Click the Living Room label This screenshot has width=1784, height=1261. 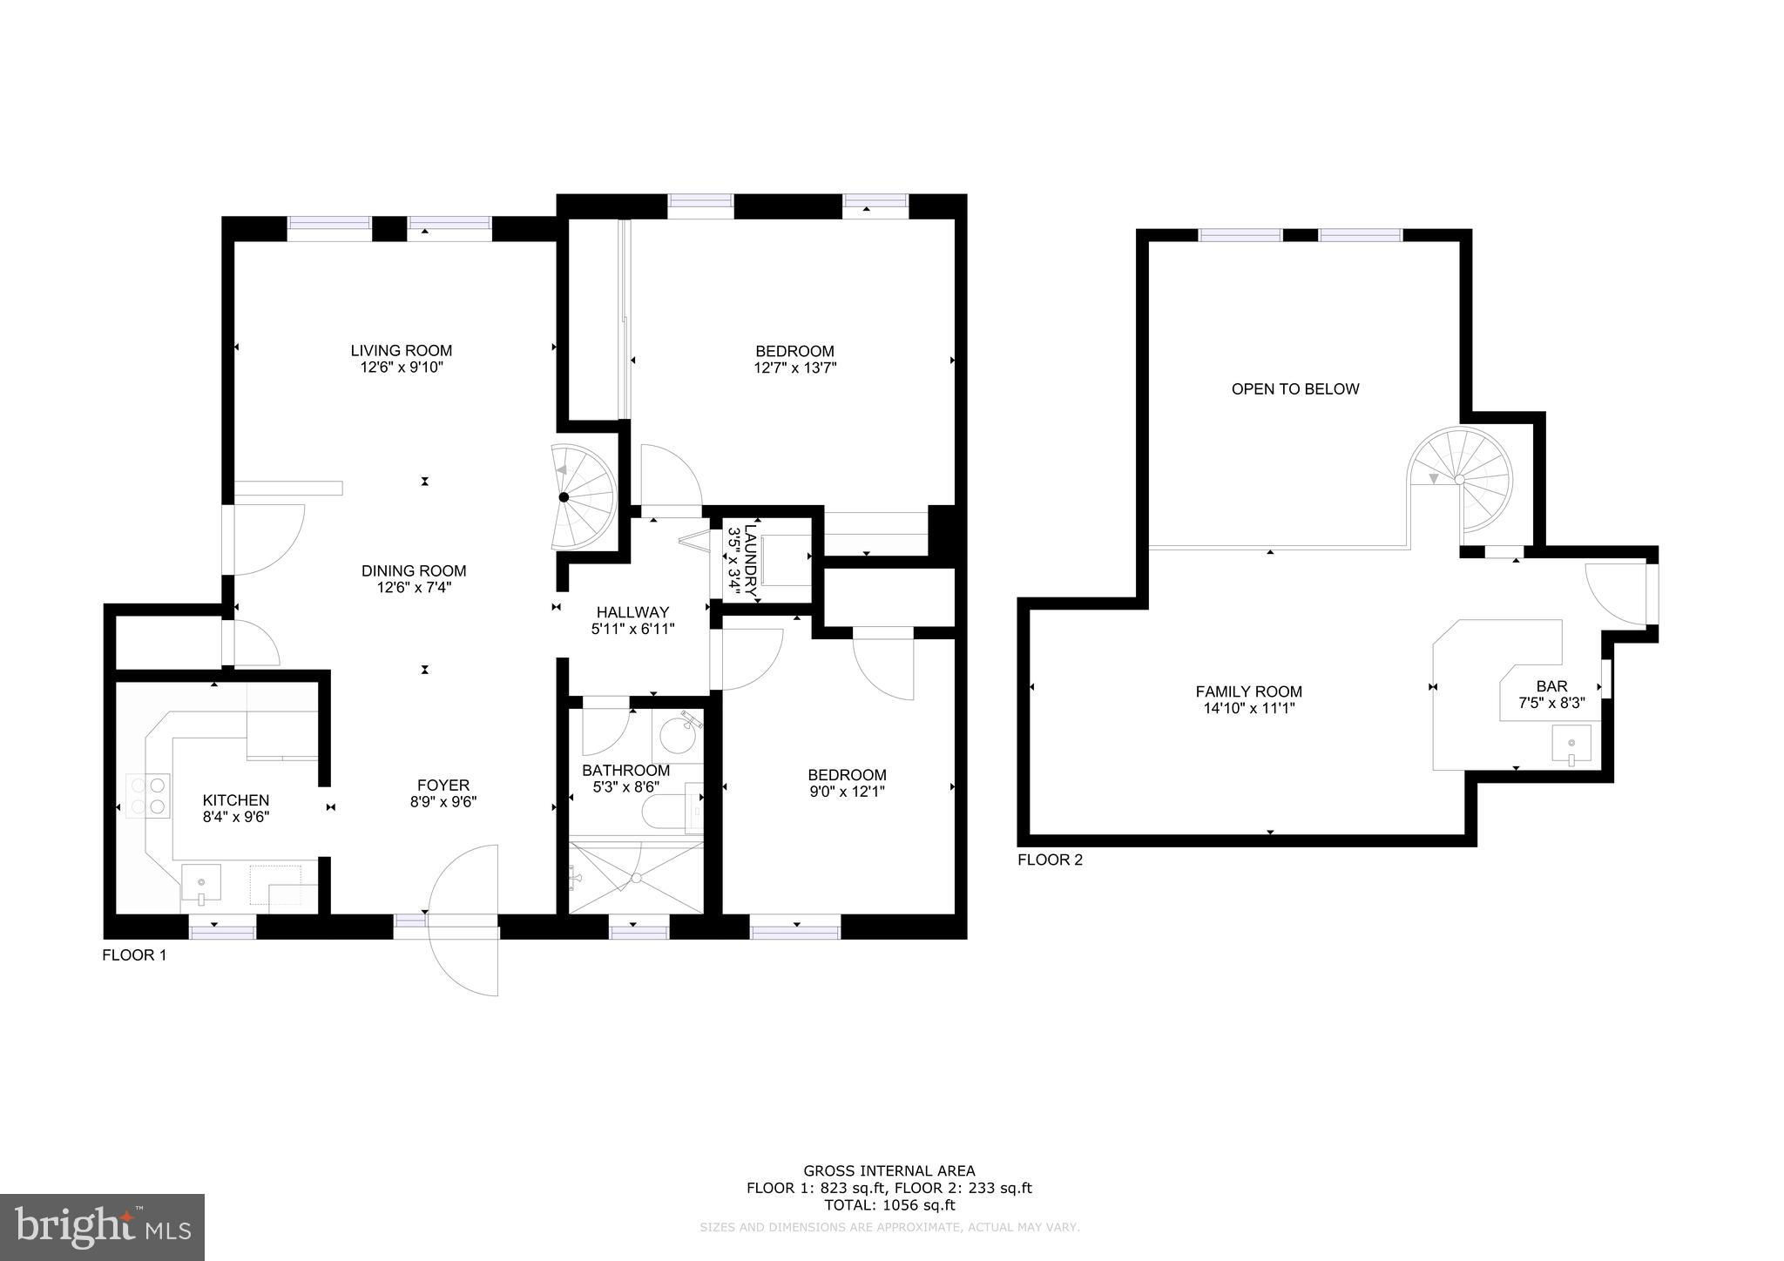point(402,351)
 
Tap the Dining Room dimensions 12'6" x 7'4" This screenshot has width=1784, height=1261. point(414,588)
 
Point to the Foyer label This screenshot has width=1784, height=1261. point(443,786)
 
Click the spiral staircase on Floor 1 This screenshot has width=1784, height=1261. point(583,497)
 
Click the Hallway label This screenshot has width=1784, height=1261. point(633,612)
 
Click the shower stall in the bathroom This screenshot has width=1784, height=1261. point(635,877)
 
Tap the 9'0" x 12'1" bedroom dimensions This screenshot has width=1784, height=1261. point(848,792)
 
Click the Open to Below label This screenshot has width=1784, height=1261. point(1295,389)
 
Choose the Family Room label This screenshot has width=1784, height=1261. point(1249,692)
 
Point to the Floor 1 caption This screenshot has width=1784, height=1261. point(134,955)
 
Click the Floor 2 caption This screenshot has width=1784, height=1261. point(1051,860)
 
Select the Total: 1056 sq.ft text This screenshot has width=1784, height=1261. point(889,1206)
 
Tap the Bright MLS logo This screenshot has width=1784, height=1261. point(102,1227)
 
